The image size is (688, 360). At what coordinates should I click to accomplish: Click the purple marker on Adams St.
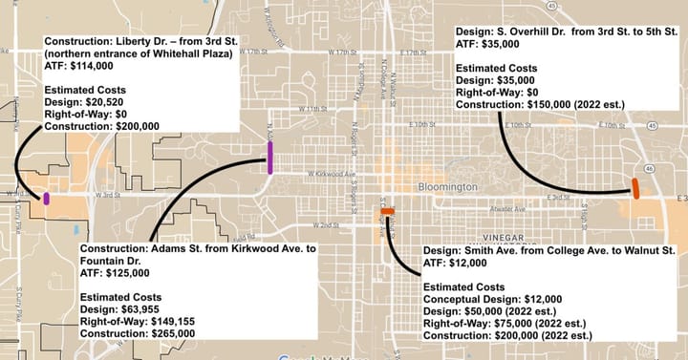[x=270, y=157]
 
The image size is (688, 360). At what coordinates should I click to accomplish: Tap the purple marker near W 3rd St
[x=46, y=198]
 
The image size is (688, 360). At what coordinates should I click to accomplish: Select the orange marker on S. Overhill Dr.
[x=635, y=188]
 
